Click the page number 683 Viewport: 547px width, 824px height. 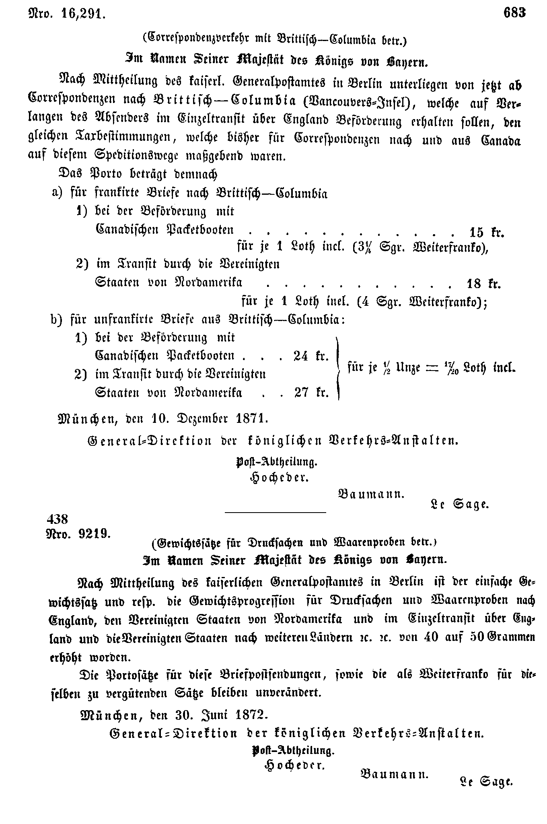[514, 13]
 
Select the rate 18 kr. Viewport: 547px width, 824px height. [483, 284]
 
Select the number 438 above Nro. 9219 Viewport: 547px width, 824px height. [58, 519]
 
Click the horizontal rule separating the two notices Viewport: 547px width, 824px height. [275, 512]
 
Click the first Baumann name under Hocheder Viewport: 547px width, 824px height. [371, 494]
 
